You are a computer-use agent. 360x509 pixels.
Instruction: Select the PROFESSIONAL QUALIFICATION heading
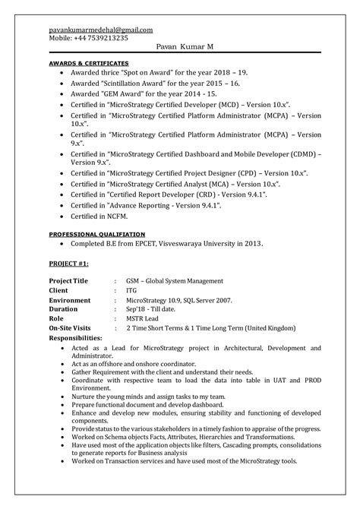(96, 234)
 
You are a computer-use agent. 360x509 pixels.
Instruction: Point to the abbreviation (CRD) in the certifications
(199, 194)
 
